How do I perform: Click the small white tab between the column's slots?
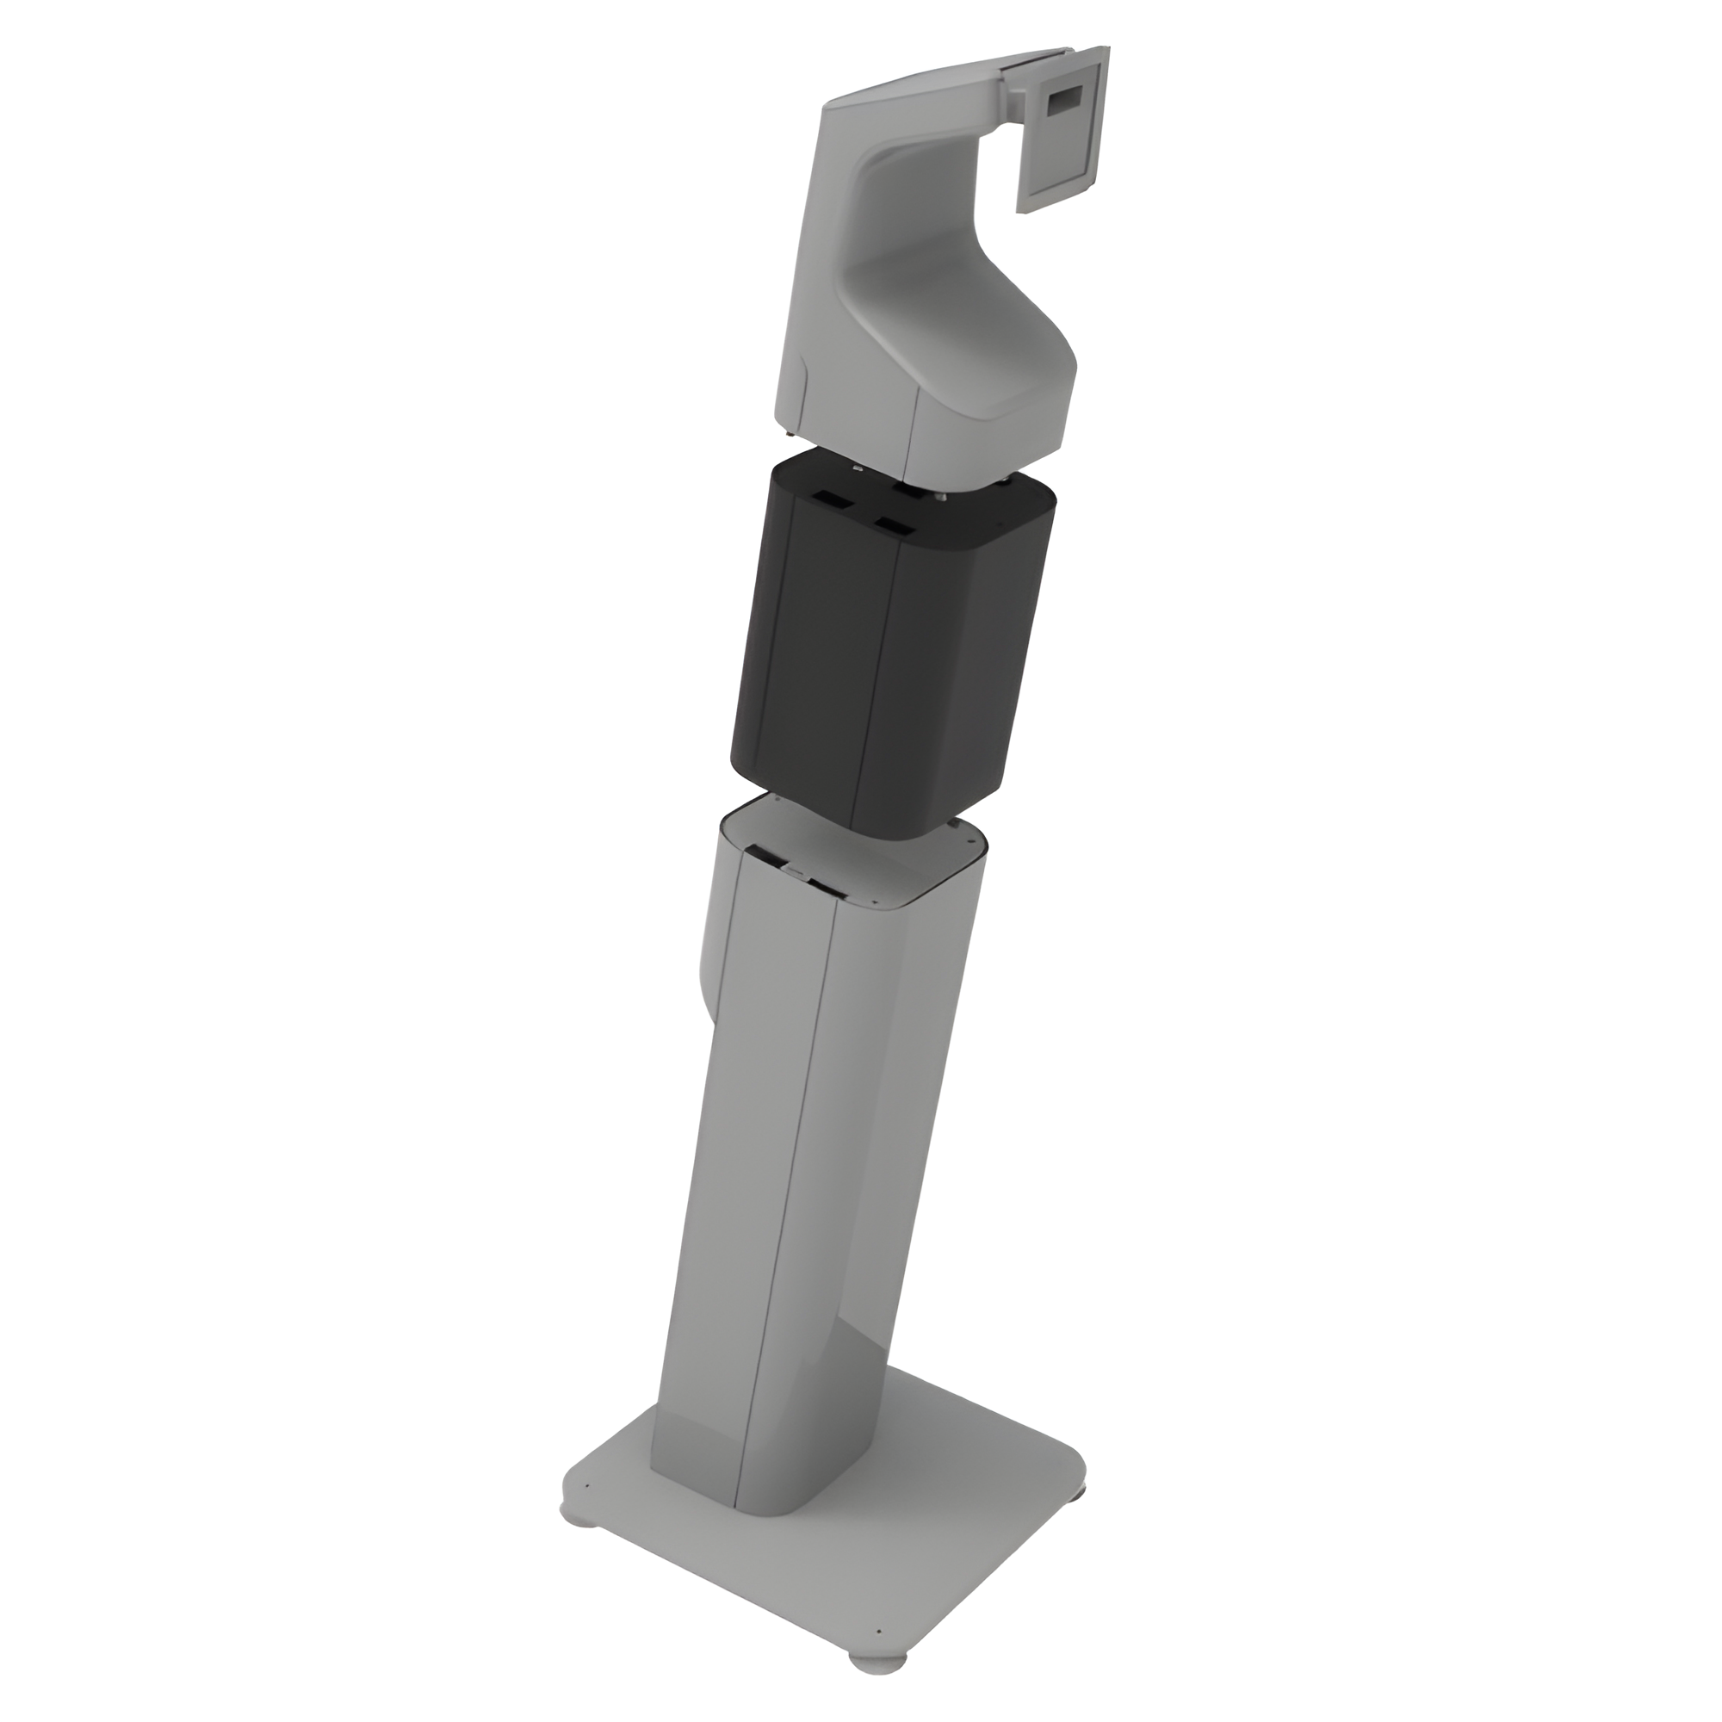click(796, 869)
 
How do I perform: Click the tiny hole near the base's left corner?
click(588, 1487)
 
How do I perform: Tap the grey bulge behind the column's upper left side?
click(713, 963)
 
